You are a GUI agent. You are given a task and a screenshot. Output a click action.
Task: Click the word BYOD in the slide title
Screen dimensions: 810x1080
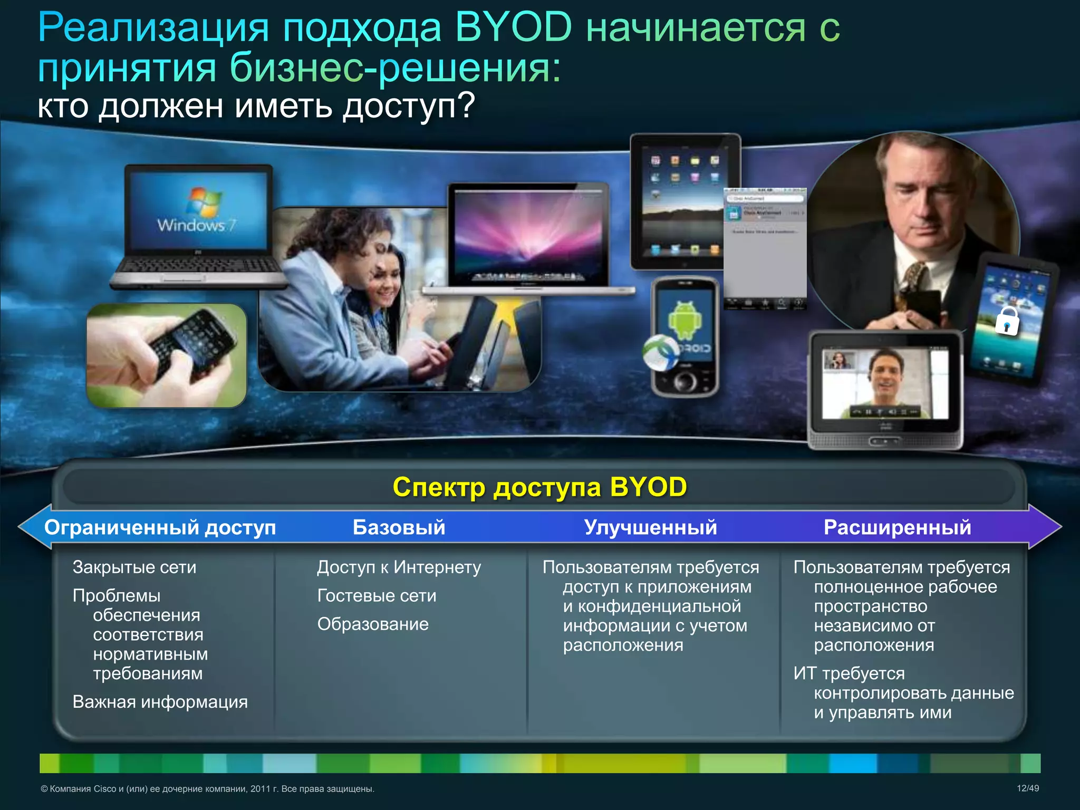[x=513, y=27]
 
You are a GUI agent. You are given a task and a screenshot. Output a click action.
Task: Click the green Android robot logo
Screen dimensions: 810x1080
[x=685, y=320]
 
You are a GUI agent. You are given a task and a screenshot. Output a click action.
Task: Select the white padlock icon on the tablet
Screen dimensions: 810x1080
[x=1007, y=321]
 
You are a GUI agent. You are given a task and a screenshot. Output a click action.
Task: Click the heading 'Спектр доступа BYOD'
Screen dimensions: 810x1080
[x=539, y=487]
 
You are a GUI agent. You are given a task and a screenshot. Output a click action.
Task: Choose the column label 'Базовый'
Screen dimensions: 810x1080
[x=399, y=527]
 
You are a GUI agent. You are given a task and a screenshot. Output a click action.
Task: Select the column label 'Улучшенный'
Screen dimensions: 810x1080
[x=650, y=527]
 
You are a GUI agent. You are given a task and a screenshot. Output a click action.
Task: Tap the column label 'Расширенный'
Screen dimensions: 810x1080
[x=897, y=527]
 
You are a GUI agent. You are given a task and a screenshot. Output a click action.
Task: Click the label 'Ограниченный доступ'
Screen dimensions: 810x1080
[x=160, y=527]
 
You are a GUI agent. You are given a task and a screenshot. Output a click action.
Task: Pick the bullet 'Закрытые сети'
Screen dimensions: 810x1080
[x=134, y=567]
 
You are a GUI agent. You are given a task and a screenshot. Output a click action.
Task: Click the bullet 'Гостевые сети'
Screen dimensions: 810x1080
[x=377, y=596]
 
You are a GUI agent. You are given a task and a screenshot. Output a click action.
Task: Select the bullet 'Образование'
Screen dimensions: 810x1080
[x=373, y=624]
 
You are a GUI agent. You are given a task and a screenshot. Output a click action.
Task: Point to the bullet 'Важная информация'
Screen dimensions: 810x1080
[x=160, y=702]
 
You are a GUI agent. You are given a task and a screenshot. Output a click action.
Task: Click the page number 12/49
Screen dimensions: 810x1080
[x=1027, y=788]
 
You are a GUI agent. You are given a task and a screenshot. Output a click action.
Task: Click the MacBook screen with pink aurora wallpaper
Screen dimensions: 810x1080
[x=528, y=232]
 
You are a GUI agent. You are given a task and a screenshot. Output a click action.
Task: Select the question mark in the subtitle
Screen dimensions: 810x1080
[x=467, y=105]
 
